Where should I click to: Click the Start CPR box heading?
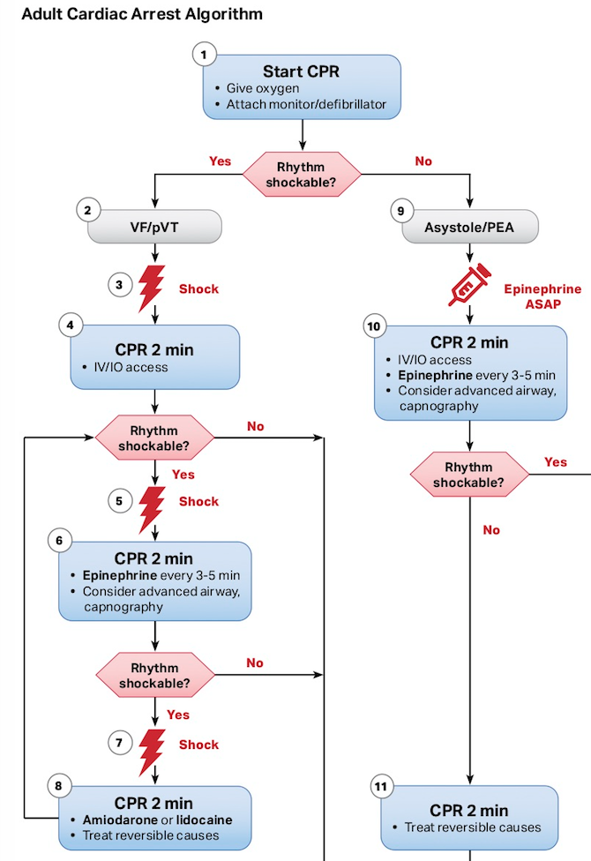(x=301, y=71)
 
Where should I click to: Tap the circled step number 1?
(x=204, y=55)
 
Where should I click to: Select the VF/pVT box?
(x=154, y=226)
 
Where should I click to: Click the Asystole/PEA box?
(x=470, y=226)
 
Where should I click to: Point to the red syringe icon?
(x=469, y=284)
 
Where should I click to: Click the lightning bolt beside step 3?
(x=152, y=288)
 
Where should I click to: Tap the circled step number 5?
(x=119, y=501)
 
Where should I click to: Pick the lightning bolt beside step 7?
(x=152, y=752)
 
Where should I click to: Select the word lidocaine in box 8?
(x=204, y=820)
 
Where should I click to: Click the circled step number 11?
(x=381, y=786)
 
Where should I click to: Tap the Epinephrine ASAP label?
(x=542, y=296)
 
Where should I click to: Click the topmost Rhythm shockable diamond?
(x=302, y=174)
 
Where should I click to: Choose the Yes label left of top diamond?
(x=220, y=161)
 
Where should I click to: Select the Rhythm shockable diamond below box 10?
(x=469, y=475)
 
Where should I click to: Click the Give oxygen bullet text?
(x=263, y=88)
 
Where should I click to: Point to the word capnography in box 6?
(x=123, y=607)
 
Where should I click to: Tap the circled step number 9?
(x=401, y=211)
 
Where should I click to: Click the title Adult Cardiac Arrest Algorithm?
(x=142, y=14)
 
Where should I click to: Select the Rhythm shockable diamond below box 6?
(x=155, y=675)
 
